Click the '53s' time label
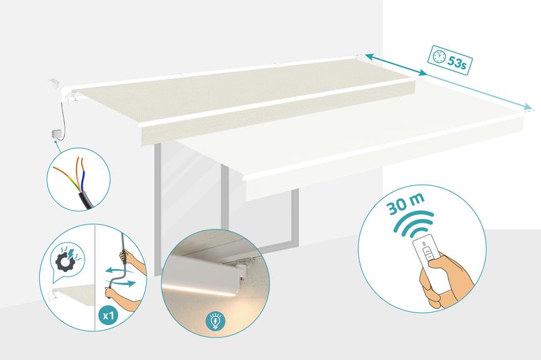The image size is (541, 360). pos(457,62)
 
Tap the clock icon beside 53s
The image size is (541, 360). pos(439,57)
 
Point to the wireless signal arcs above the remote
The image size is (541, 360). pos(414,224)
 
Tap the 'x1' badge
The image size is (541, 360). pos(109,315)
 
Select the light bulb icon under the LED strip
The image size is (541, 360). pos(215,321)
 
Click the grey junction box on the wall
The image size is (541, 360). pos(56,134)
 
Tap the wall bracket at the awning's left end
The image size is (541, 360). pos(54,83)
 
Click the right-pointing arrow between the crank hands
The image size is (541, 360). pos(124,284)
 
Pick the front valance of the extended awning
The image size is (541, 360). pos(384,168)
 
